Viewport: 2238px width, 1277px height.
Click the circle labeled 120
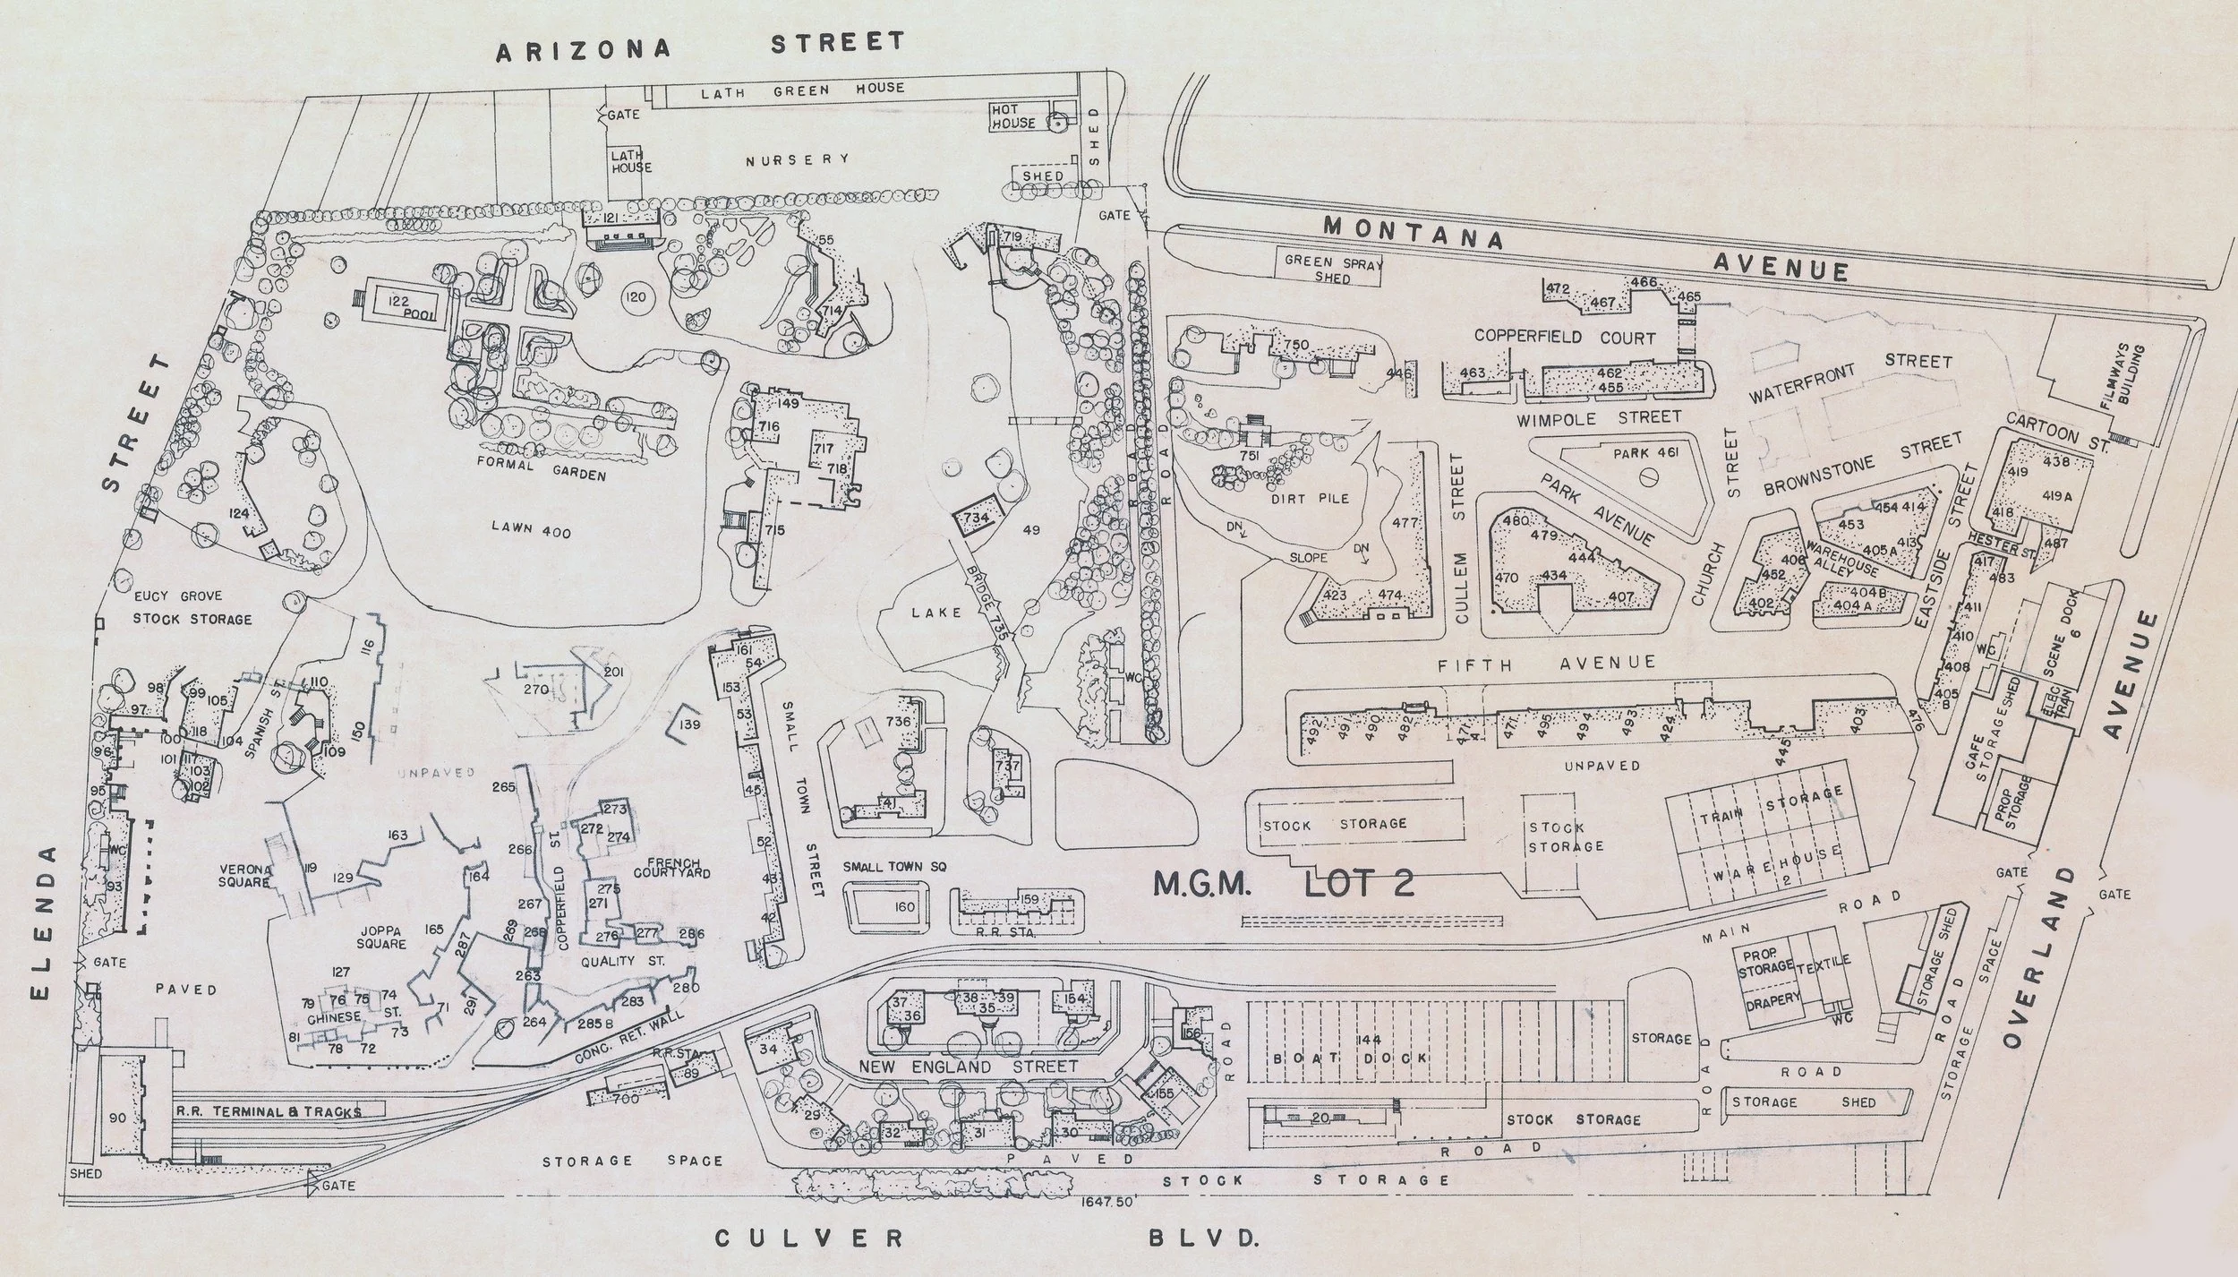[x=635, y=297]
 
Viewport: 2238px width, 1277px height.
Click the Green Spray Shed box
[x=1328, y=269]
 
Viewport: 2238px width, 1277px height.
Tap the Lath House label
[x=631, y=161]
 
